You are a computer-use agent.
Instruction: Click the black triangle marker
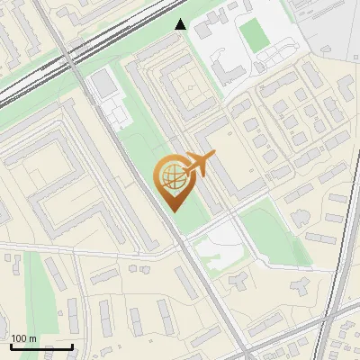(x=181, y=25)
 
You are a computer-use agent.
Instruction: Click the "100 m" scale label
(x=24, y=338)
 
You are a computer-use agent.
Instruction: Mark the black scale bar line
(x=41, y=346)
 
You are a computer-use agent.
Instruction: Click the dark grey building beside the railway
(x=103, y=84)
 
